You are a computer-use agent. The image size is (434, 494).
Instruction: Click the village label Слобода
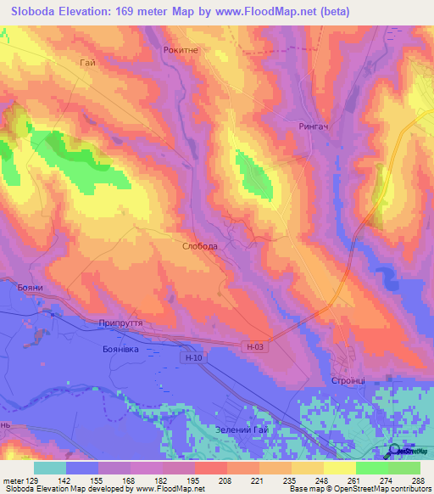[x=200, y=246]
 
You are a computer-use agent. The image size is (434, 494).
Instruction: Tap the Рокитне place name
[x=180, y=50]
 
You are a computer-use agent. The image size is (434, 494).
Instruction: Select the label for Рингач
[x=314, y=125]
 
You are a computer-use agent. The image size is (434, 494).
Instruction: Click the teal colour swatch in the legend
[x=50, y=467]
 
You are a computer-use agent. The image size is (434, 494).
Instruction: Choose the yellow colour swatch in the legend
[x=340, y=467]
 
